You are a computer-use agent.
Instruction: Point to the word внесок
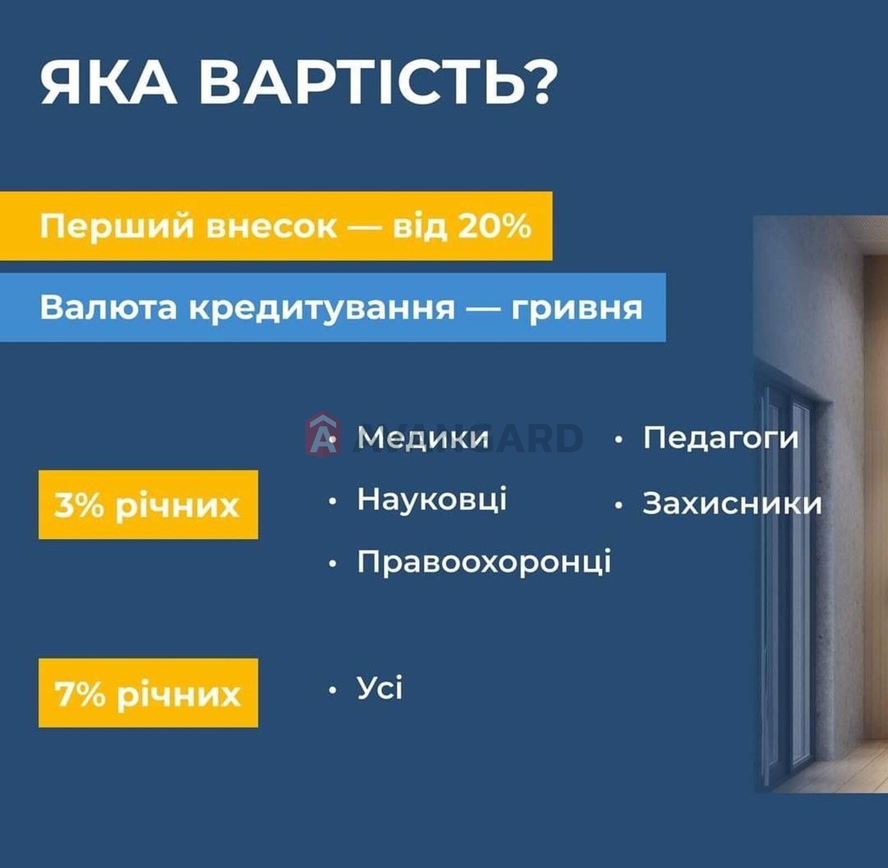(271, 227)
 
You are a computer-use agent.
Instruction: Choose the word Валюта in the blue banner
(109, 307)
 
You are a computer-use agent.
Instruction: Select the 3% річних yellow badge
(148, 504)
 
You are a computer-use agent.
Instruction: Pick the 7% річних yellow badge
(148, 693)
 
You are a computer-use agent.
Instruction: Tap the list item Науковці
(432, 498)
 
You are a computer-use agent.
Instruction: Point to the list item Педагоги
(720, 437)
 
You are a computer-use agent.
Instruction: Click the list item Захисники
(732, 503)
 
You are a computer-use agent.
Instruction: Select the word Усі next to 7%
(380, 688)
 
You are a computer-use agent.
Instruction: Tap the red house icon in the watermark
(322, 433)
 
